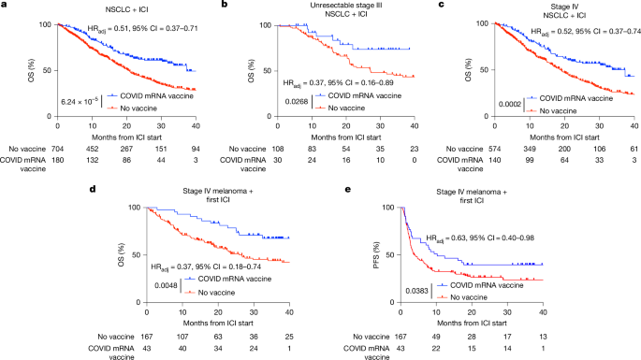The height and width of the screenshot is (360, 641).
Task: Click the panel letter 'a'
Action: (5, 6)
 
